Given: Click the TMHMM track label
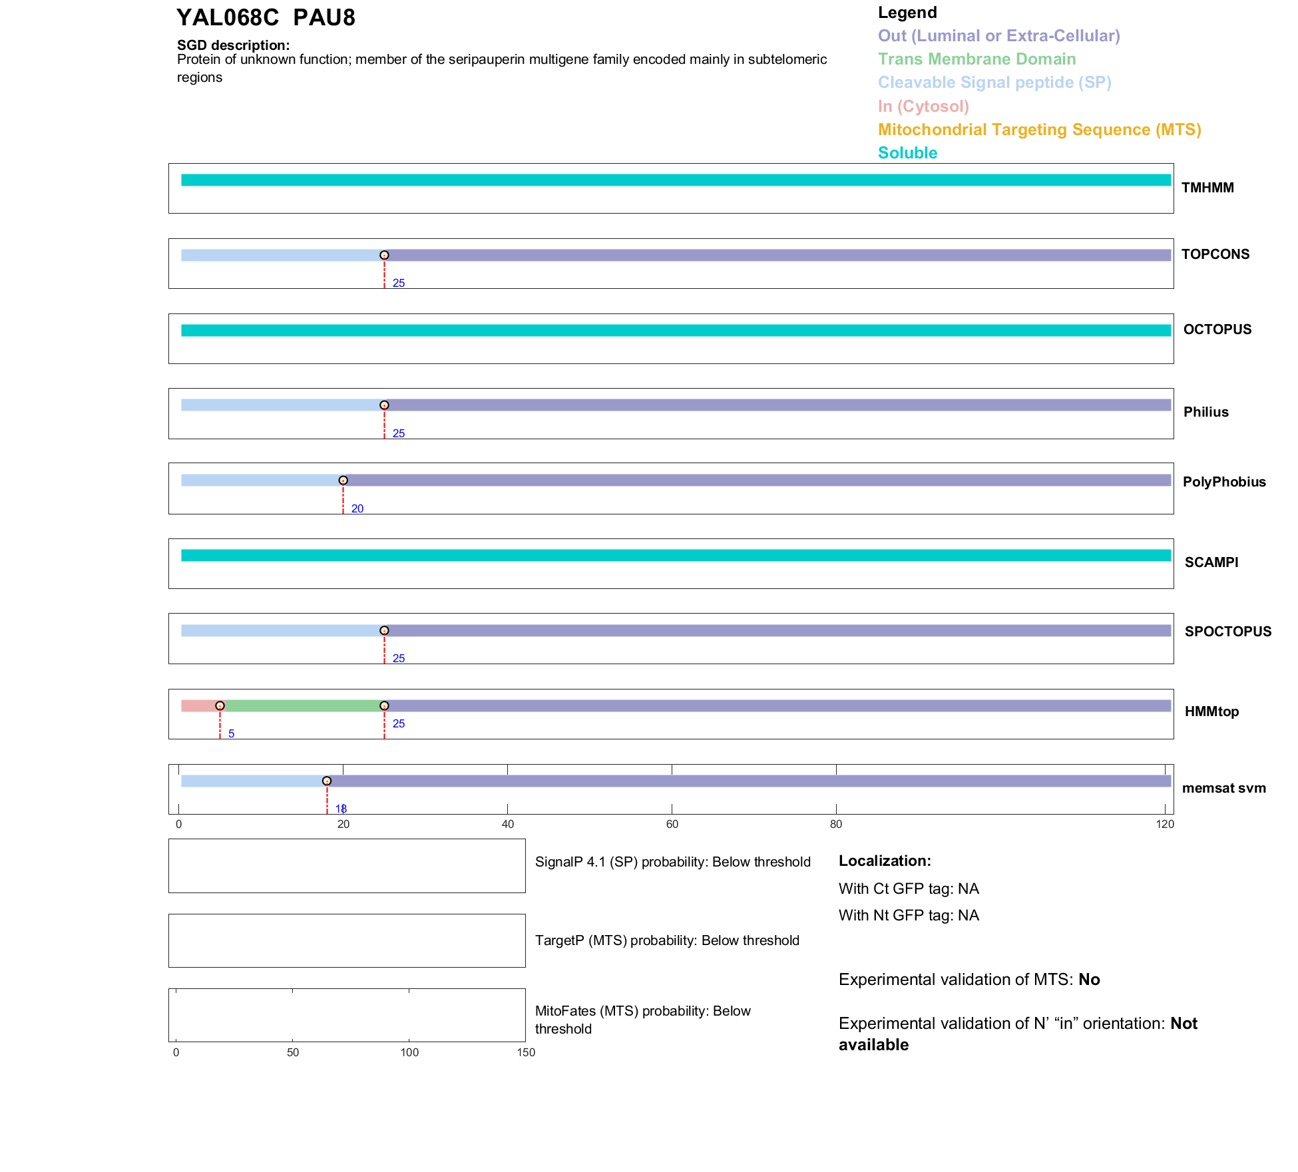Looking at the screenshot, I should coord(1207,188).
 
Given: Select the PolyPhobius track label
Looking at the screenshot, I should coord(1223,482).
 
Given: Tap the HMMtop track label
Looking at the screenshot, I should coord(1211,711).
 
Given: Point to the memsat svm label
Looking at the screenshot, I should coord(1223,788).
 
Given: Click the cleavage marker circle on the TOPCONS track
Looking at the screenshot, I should coord(384,256).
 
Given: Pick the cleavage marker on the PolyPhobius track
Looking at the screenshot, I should coord(343,481).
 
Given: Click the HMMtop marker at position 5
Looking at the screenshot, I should coord(220,706).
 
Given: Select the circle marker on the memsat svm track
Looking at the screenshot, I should coord(327,781).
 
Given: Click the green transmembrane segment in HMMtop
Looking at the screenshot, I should coord(303,706).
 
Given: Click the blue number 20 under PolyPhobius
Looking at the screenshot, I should coord(357,508).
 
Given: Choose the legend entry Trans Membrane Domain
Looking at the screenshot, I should coord(976,59).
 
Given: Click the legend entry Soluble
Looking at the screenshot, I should coord(907,153).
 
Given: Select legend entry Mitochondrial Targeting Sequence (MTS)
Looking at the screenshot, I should coord(1039,130).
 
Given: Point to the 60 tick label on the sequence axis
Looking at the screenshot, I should coord(672,825).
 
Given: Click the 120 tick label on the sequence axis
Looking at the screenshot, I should coord(1165,825).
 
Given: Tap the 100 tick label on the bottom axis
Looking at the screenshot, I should coord(409,1052).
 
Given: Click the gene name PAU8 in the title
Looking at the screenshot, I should coord(324,18).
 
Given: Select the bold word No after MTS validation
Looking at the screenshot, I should coord(1089,980).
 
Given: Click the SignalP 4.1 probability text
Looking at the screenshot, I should coord(672,862).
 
